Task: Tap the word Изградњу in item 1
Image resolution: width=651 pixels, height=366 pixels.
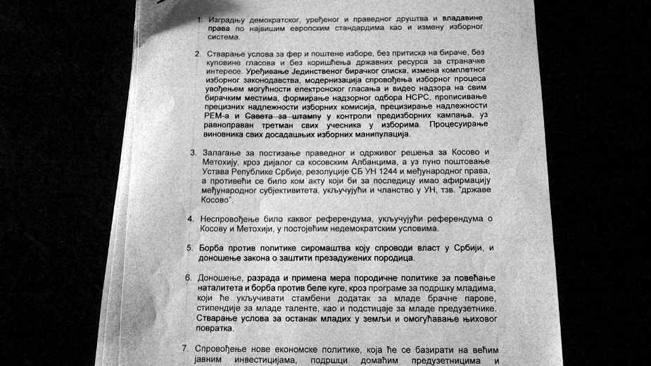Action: (x=229, y=19)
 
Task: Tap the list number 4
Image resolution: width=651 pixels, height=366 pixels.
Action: (x=191, y=219)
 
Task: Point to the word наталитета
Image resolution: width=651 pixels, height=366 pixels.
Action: (x=217, y=289)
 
